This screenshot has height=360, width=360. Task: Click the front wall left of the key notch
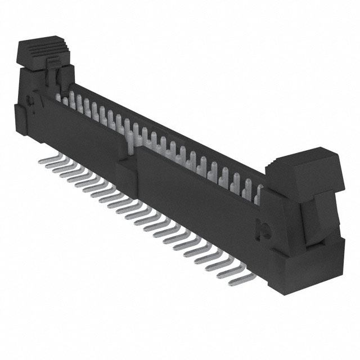84,141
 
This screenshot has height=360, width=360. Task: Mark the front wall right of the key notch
197,197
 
